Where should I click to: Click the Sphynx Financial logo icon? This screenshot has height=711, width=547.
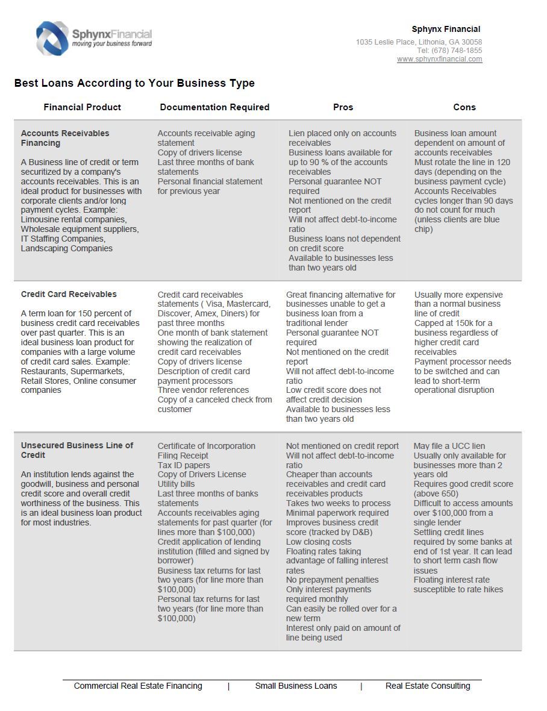(52, 38)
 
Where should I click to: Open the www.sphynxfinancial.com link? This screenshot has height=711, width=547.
(439, 59)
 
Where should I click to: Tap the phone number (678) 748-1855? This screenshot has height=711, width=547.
(457, 51)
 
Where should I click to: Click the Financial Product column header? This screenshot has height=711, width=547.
(82, 107)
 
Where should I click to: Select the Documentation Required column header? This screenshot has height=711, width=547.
(214, 107)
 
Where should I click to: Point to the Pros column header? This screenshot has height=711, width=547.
(343, 107)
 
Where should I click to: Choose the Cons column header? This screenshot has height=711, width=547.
(464, 107)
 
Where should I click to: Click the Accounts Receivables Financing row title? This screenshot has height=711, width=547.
(65, 138)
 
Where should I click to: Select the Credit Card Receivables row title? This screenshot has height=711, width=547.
(69, 294)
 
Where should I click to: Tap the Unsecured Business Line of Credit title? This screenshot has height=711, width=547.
(77, 450)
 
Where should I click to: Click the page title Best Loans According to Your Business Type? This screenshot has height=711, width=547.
(134, 83)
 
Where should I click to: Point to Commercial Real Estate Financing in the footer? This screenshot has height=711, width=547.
(138, 686)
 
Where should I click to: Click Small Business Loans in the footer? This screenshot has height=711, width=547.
(296, 686)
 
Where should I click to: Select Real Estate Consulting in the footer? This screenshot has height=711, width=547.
(428, 686)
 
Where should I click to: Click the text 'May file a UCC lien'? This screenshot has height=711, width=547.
(449, 446)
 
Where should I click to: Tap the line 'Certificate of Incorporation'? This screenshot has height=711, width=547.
(206, 446)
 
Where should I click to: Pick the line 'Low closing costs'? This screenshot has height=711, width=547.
(319, 542)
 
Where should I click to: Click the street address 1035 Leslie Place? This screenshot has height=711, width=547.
(385, 42)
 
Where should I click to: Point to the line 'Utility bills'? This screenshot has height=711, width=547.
(176, 484)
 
